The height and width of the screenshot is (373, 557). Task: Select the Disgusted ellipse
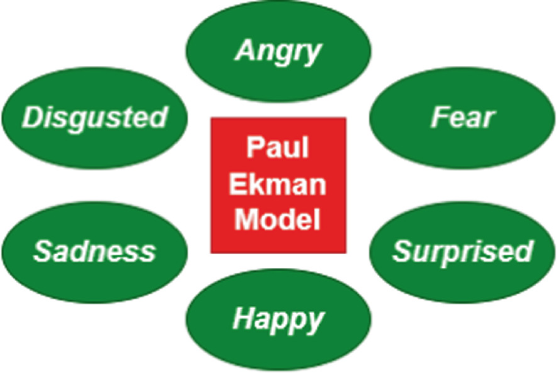click(94, 117)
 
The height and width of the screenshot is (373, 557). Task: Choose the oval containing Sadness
click(94, 249)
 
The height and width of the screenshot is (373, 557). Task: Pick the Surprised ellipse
click(463, 249)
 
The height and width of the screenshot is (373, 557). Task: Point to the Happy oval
click(279, 318)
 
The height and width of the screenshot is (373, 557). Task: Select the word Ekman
click(279, 184)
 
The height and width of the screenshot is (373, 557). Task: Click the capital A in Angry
click(244, 51)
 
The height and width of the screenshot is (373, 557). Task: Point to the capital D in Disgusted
click(32, 118)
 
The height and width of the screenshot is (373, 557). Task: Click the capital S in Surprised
click(401, 251)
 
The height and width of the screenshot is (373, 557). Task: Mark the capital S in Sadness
click(41, 251)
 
